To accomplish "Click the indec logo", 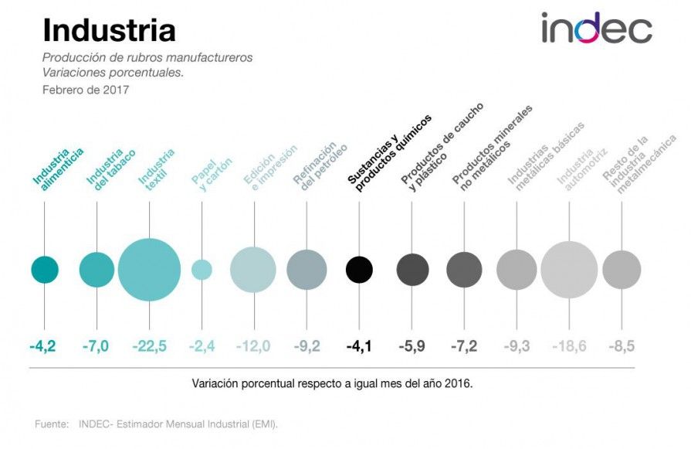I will [x=596, y=28].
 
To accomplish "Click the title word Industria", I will [x=109, y=30].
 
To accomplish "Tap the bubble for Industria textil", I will [x=150, y=270].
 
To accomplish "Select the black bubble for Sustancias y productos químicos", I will [x=359, y=270].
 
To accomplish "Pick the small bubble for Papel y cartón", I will [x=202, y=270].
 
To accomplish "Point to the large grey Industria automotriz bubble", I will [x=569, y=270].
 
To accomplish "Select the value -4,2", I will [x=42, y=346].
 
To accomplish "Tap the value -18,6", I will [x=568, y=346].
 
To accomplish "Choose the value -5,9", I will [x=412, y=346].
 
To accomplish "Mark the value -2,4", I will [x=202, y=346].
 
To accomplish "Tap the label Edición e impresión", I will [x=269, y=166].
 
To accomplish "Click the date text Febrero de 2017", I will [x=86, y=90].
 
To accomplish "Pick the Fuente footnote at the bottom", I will [x=156, y=424].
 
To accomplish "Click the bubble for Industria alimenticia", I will [x=45, y=270].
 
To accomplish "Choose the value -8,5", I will [x=622, y=346].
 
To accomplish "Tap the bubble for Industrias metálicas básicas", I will [x=517, y=270].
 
